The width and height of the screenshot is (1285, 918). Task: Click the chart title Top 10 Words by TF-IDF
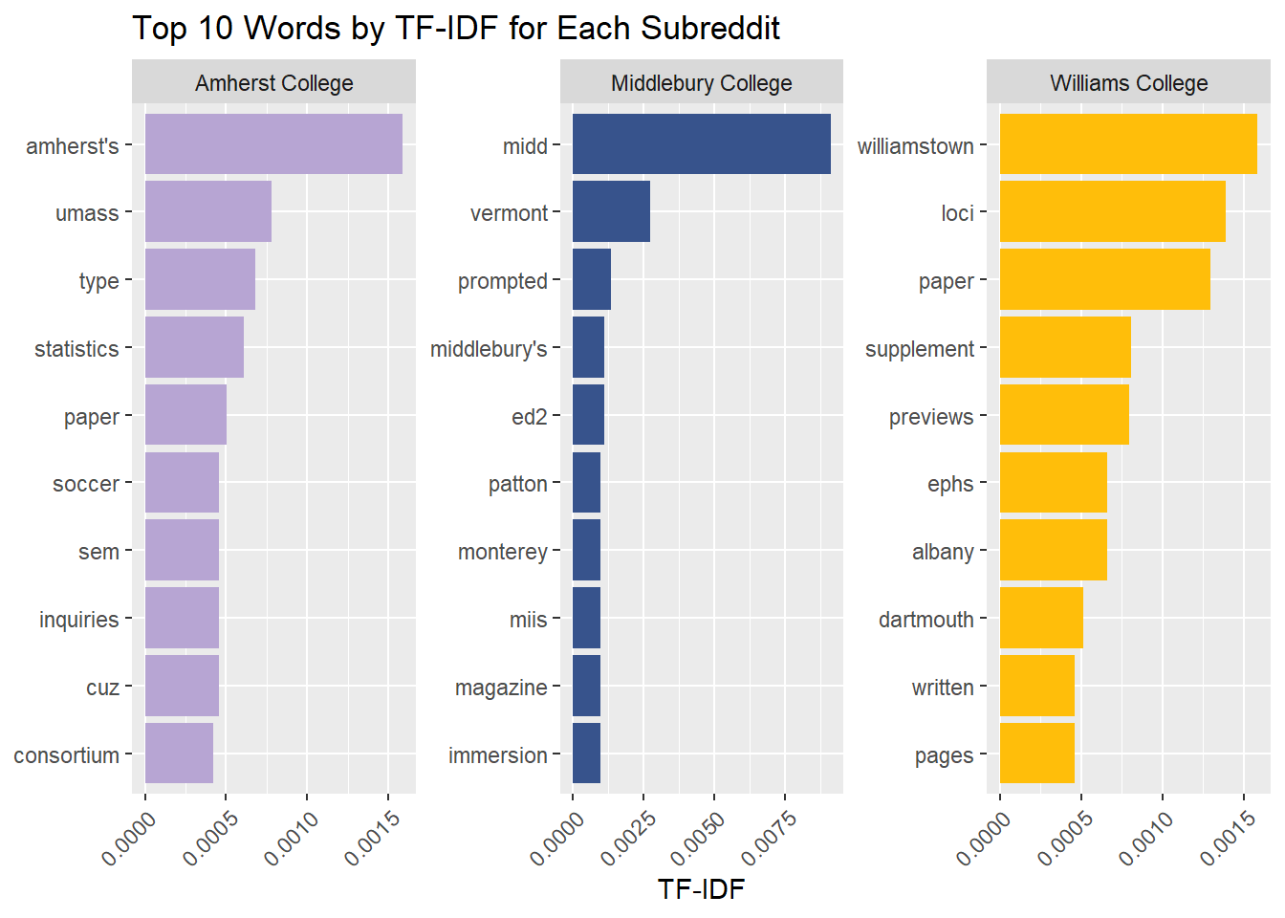pyautogui.click(x=455, y=29)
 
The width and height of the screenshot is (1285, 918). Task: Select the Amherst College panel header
pyautogui.click(x=273, y=83)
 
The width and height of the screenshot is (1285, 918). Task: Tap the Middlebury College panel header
pyautogui.click(x=701, y=83)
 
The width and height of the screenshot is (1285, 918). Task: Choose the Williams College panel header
pyautogui.click(x=1128, y=83)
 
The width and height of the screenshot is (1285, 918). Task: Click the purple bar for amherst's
pyautogui.click(x=273, y=144)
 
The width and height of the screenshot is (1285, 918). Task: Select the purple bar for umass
pyautogui.click(x=208, y=211)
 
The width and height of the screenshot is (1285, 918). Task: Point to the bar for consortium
pyautogui.click(x=179, y=754)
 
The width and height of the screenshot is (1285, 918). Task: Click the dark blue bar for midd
pyautogui.click(x=701, y=144)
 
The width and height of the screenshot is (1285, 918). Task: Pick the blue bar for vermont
pyautogui.click(x=611, y=211)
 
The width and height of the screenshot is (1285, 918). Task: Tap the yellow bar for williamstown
pyautogui.click(x=1128, y=144)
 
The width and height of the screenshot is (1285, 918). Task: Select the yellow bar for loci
pyautogui.click(x=1112, y=211)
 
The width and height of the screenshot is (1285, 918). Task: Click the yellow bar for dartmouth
pyautogui.click(x=1041, y=618)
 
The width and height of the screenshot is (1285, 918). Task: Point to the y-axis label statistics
pyautogui.click(x=76, y=349)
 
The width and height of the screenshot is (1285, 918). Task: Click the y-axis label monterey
pyautogui.click(x=502, y=552)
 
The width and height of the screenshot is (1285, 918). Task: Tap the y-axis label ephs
pyautogui.click(x=949, y=484)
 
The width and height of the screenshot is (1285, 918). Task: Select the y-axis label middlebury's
pyautogui.click(x=489, y=349)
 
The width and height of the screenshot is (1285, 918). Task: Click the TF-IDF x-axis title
pyautogui.click(x=701, y=889)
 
